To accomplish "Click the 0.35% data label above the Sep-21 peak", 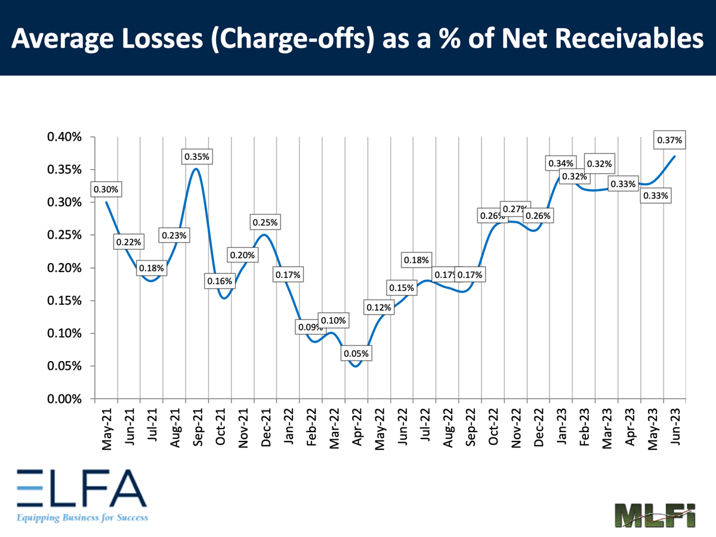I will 196,157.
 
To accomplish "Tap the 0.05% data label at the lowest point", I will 356,353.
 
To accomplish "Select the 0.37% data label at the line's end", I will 669,141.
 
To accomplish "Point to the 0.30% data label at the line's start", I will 106,190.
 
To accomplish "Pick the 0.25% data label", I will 265,223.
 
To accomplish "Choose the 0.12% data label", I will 378,308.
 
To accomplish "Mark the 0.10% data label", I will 332,320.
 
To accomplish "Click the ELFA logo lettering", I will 81,487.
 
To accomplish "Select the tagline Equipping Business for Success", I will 82,517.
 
